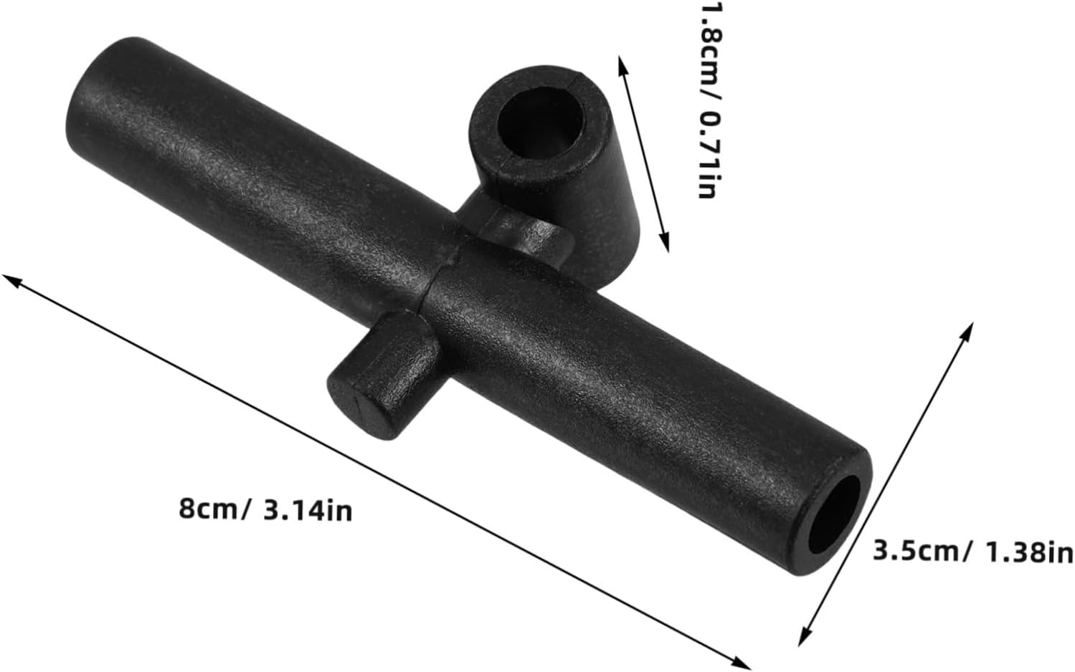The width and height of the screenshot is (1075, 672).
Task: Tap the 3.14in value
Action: [308, 511]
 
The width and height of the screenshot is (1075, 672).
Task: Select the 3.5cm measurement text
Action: [914, 551]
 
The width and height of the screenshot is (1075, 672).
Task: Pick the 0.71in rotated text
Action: [707, 155]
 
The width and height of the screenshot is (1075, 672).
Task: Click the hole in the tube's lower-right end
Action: [833, 515]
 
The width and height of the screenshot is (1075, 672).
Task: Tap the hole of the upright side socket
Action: [541, 123]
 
